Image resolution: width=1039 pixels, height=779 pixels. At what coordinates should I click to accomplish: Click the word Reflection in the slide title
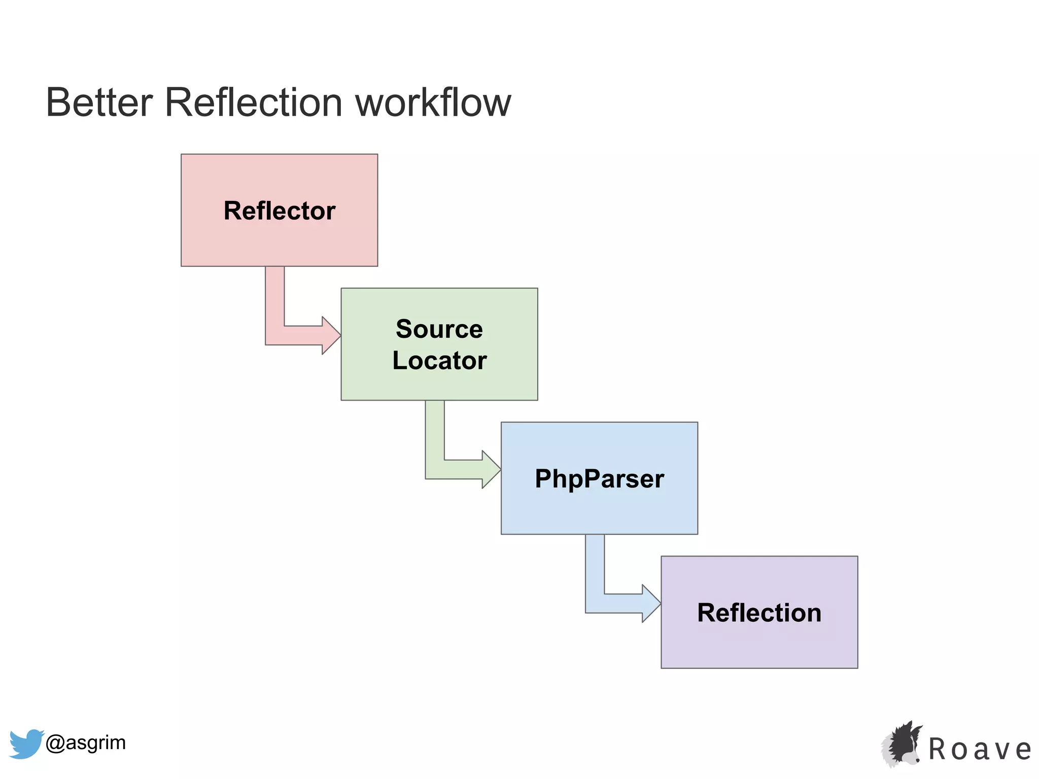(254, 102)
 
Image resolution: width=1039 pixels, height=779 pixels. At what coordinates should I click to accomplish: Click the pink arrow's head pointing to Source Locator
(331, 335)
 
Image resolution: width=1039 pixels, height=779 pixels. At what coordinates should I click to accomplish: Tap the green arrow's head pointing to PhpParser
(491, 470)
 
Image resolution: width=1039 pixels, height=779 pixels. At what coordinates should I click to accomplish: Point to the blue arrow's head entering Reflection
(651, 604)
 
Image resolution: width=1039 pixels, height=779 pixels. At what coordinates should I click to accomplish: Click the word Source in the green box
(439, 329)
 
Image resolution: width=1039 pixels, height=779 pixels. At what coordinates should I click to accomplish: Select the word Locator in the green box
(439, 361)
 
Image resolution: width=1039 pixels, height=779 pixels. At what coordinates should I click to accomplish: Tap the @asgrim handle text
(85, 742)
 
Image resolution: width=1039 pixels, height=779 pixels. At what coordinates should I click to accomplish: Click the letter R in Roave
(938, 750)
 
